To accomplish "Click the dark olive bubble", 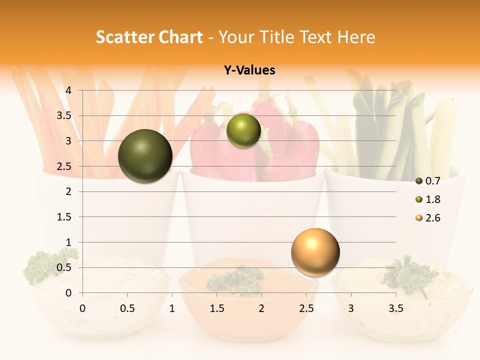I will pos(145,156).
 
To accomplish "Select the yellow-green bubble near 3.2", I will pos(243,130).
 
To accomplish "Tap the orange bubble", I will pos(315,252).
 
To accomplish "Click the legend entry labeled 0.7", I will pos(427,181).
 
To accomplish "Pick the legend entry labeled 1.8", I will pos(427,199).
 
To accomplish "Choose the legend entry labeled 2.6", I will pos(427,218).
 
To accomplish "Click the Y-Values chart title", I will pos(249,70).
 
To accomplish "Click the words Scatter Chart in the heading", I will pos(149,37).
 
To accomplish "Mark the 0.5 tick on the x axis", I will pos(127,308).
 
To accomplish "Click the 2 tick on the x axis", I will pos(261,308).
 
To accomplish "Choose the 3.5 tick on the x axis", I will pos(396,308).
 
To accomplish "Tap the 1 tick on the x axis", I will pos(172,308).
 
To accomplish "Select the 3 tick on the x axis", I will pos(351,308).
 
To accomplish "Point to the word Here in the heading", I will pos(356,37).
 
